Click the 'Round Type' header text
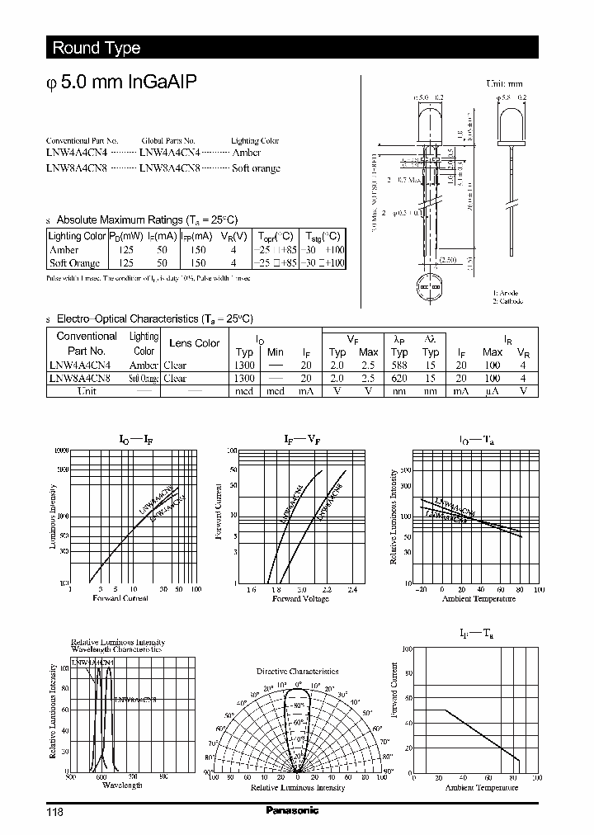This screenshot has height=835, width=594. pos(97,48)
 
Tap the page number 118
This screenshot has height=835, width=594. pos(54,811)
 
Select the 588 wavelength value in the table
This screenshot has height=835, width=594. pos(399,366)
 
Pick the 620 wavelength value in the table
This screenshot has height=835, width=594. pos(399,379)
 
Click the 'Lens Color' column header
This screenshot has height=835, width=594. pos(195,343)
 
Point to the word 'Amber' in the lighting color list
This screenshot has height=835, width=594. pos(247,153)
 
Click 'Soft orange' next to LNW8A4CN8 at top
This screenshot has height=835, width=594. pos(256,168)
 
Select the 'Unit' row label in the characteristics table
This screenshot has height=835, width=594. pos(87,391)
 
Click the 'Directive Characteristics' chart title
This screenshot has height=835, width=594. pos(297,672)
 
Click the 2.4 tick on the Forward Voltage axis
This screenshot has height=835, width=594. pos(352,590)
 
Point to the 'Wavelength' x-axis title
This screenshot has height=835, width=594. pos(122,785)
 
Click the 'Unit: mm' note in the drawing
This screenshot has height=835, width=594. pos(504,84)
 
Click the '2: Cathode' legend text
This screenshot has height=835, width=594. pos(509,301)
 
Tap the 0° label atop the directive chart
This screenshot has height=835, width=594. pos(298,684)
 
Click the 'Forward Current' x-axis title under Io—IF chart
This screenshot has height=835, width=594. pos(120,597)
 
